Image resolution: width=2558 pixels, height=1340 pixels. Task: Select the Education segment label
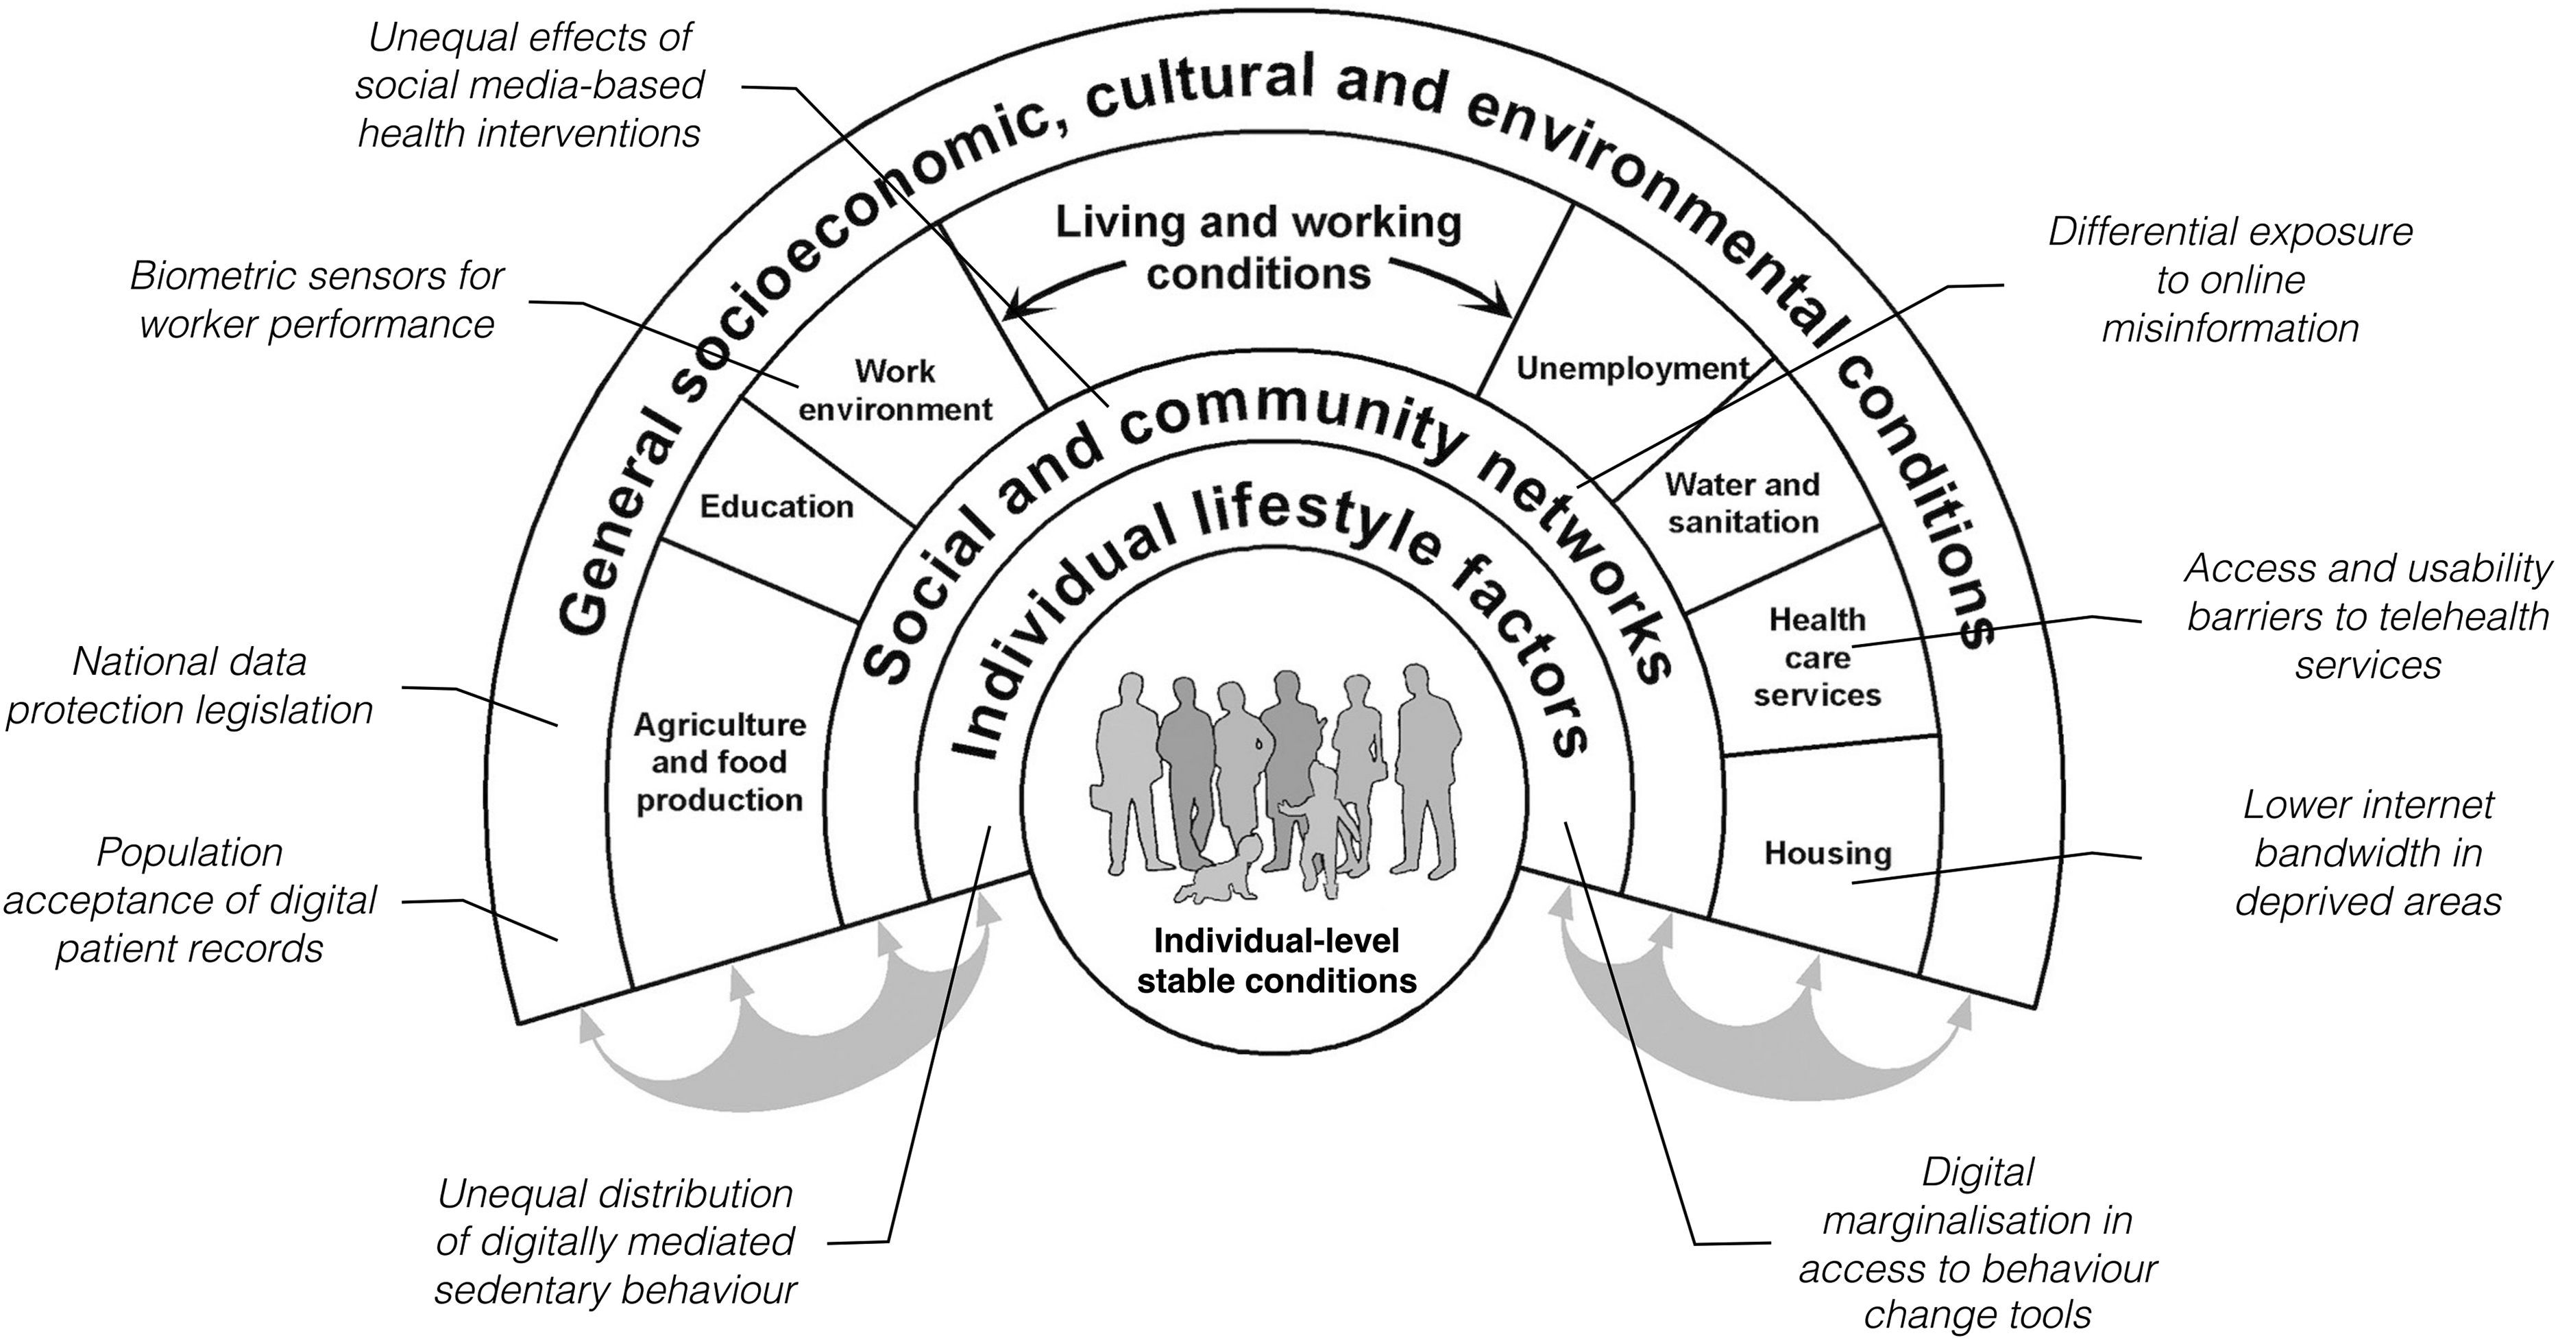(x=777, y=507)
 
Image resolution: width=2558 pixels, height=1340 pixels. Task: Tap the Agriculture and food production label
(x=719, y=762)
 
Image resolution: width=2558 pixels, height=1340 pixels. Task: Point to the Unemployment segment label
(x=1631, y=368)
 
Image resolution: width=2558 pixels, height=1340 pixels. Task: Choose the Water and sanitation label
(x=1743, y=503)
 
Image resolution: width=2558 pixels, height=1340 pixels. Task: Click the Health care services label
(x=1816, y=658)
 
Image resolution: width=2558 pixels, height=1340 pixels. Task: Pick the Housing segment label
(x=1827, y=852)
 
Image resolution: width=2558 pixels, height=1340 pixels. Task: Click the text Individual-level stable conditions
(x=1276, y=961)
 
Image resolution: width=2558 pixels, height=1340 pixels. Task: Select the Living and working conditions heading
(x=1258, y=248)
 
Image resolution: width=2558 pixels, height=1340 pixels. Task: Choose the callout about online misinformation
(x=2229, y=280)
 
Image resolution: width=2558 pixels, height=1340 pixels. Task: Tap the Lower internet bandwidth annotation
(x=2367, y=852)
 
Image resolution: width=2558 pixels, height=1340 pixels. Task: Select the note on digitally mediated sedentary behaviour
(x=616, y=1242)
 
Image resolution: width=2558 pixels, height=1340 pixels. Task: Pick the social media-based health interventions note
(x=529, y=86)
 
